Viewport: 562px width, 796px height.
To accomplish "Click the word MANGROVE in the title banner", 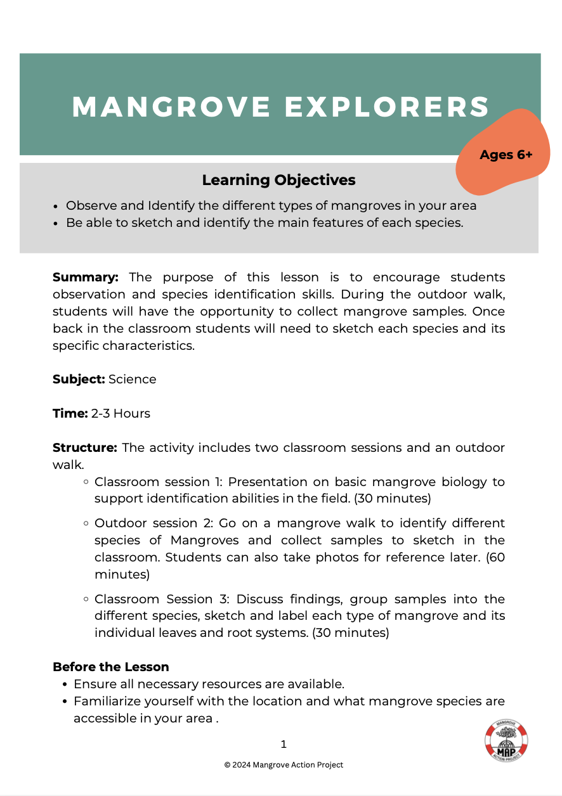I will tap(171, 106).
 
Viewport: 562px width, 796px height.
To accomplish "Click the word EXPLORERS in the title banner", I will tap(387, 106).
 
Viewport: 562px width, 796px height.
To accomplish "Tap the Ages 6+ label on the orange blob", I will tap(506, 155).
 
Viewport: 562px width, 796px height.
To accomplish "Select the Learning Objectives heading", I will tap(278, 180).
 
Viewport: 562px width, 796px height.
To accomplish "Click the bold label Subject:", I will tap(79, 379).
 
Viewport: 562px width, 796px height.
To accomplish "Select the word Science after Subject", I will tap(132, 379).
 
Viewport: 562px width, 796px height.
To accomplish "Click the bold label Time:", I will tap(70, 413).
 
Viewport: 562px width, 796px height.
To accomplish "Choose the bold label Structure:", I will tap(84, 448).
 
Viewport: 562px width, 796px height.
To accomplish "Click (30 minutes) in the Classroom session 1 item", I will tap(393, 498).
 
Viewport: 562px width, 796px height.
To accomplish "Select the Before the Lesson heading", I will tap(110, 667).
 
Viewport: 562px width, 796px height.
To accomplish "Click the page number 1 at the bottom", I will tap(284, 744).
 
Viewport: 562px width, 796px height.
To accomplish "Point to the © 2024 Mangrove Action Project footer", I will tap(284, 765).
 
